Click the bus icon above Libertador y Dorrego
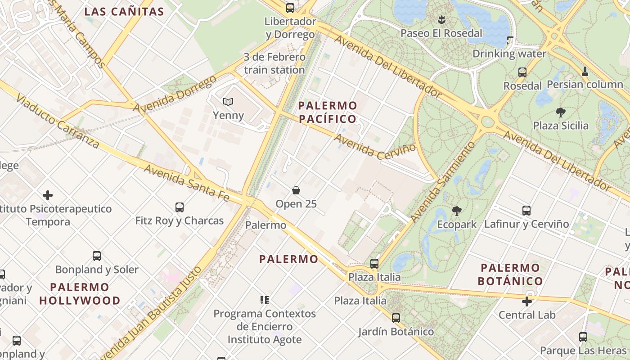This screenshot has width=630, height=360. click(x=290, y=8)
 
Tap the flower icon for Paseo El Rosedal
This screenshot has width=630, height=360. click(x=441, y=19)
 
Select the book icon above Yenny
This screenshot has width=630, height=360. click(x=228, y=102)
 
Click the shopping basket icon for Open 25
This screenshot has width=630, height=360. click(x=296, y=190)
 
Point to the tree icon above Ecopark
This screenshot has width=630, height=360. click(x=457, y=211)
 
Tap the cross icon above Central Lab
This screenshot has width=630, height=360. click(x=527, y=301)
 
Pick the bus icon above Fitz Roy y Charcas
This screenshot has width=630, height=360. click(x=180, y=207)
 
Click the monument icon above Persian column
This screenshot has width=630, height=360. click(x=585, y=71)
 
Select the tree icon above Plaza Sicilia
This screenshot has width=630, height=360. click(x=560, y=112)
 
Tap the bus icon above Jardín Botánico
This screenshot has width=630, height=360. click(x=396, y=318)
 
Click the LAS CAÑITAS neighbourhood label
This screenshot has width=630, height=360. click(x=124, y=12)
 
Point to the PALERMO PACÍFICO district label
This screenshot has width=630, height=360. click(x=328, y=112)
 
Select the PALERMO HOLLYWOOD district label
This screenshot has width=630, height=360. click(x=80, y=294)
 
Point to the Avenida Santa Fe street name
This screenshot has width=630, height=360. click(x=187, y=182)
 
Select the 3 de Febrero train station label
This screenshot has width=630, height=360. click(x=274, y=63)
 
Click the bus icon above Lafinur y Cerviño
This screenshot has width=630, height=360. click(x=526, y=210)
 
